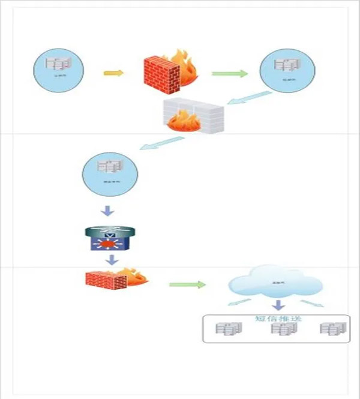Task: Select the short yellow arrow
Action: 113,73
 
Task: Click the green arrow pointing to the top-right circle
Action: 229,73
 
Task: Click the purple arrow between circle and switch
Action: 109,211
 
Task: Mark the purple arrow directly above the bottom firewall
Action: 110,259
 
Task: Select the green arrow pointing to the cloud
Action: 187,284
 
